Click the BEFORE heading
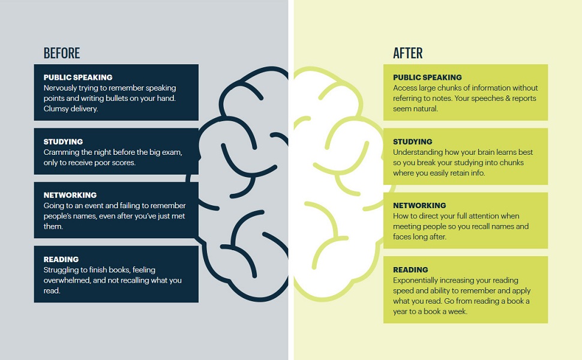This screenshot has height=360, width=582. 61,53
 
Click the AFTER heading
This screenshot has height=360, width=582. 408,53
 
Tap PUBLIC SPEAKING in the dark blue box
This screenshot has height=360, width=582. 78,77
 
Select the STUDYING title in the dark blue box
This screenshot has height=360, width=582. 63,142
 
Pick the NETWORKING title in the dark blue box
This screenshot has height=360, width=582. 70,195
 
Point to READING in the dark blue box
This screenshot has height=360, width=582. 61,260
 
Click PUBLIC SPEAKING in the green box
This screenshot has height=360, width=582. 427,77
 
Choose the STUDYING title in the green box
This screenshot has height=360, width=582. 413,142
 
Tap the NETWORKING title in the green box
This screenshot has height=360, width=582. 419,206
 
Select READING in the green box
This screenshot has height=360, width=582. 410,270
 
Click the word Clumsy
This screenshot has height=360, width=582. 57,109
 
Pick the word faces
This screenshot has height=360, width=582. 403,237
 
